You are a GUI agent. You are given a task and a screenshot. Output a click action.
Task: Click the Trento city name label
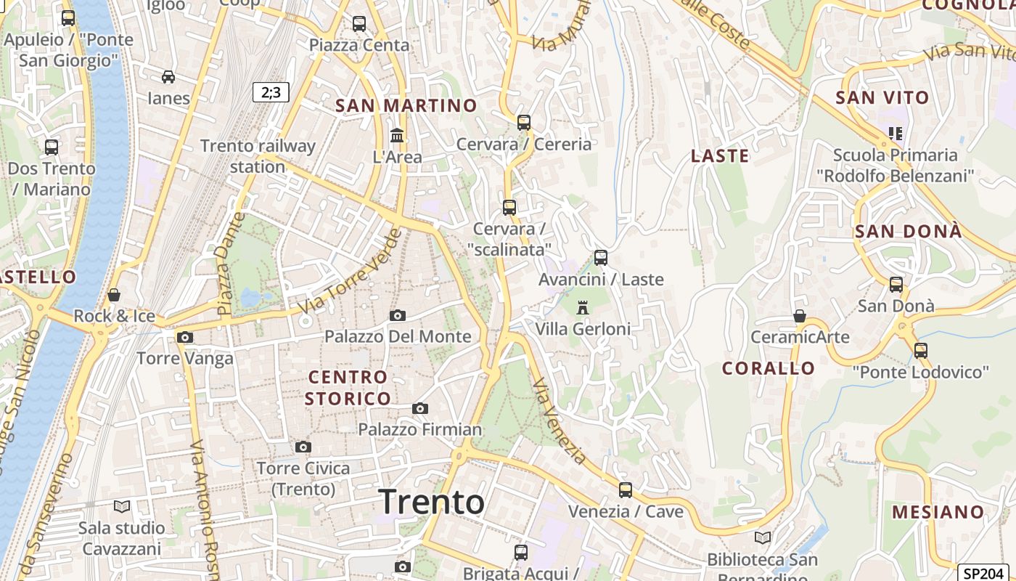coord(432,502)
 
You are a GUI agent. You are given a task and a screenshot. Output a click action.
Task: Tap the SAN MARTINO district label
coord(406,105)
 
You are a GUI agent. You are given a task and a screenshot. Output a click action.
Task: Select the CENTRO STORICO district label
coord(348,388)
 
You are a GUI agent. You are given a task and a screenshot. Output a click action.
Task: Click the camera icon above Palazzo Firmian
coord(420,408)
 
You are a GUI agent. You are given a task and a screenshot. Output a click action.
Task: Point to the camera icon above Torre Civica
coord(303,447)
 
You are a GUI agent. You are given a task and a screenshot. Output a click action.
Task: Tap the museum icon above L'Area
coord(397,135)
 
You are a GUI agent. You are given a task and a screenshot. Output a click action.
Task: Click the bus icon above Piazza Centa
coord(359,24)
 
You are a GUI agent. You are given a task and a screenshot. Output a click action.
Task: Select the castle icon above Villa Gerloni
coord(582,308)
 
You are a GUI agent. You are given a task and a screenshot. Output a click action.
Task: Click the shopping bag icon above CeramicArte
coord(799,316)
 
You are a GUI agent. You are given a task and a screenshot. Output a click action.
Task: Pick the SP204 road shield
coord(984,573)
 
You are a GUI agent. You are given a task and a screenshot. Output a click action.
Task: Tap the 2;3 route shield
coord(271,92)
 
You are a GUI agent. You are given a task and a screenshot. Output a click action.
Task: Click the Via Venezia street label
coord(559,421)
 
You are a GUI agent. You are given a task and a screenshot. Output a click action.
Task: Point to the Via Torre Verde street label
coord(350,272)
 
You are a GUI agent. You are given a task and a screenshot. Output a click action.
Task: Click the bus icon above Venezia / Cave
coord(626,490)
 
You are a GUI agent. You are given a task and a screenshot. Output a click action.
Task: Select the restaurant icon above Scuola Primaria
coord(895,134)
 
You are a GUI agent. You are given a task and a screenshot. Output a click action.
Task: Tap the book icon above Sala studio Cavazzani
coord(122,506)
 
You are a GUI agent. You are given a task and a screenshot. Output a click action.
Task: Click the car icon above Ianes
coord(168,77)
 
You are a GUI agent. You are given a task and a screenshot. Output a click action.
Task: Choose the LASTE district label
coord(720,155)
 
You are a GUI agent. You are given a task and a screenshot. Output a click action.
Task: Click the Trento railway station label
coord(258,156)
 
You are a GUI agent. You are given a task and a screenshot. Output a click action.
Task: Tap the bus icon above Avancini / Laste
coord(601,258)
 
